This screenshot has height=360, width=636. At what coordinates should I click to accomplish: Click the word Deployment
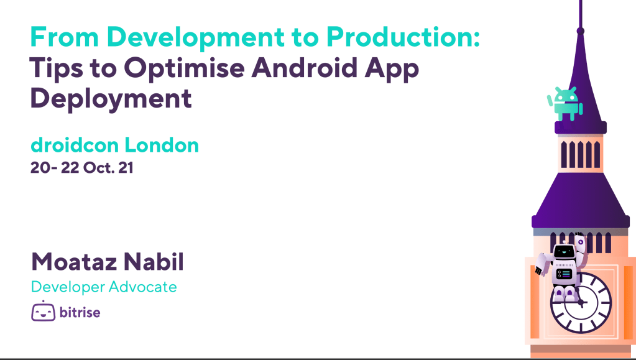pos(111,99)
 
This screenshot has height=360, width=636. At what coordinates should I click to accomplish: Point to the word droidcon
pos(75,145)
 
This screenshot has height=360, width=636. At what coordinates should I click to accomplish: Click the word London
pos(162,145)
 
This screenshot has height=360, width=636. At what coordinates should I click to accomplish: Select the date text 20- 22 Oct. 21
pos(82,168)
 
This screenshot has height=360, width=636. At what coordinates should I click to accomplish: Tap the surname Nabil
pos(154,262)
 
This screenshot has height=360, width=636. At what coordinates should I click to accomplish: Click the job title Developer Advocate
pos(104,287)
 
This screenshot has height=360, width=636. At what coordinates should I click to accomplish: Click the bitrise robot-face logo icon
pos(43,312)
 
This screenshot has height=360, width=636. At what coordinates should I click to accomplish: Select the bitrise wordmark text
pos(80,312)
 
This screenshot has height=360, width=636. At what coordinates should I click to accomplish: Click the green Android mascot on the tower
pos(565,103)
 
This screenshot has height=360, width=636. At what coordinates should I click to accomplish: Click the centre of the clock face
pos(581,302)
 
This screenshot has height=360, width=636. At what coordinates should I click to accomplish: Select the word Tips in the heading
pos(57,68)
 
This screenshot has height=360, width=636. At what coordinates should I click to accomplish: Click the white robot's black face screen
pos(563,252)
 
